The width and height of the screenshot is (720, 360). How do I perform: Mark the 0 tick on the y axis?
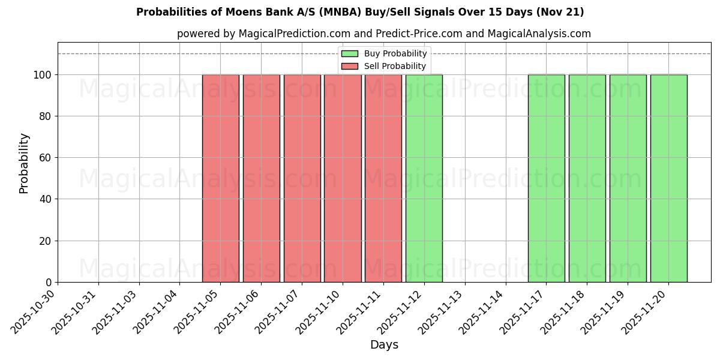pyautogui.click(x=49, y=283)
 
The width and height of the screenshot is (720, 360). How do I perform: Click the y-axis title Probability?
pyautogui.click(x=24, y=163)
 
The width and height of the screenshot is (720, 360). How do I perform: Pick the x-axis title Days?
pyautogui.click(x=384, y=345)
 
